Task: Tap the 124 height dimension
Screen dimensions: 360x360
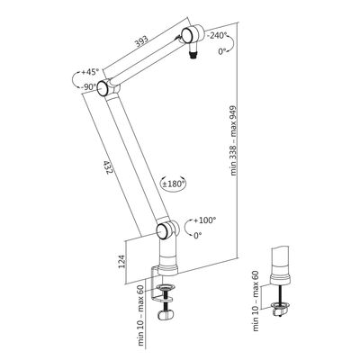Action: pos(133,262)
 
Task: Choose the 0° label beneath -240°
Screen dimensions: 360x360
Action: pos(220,53)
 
